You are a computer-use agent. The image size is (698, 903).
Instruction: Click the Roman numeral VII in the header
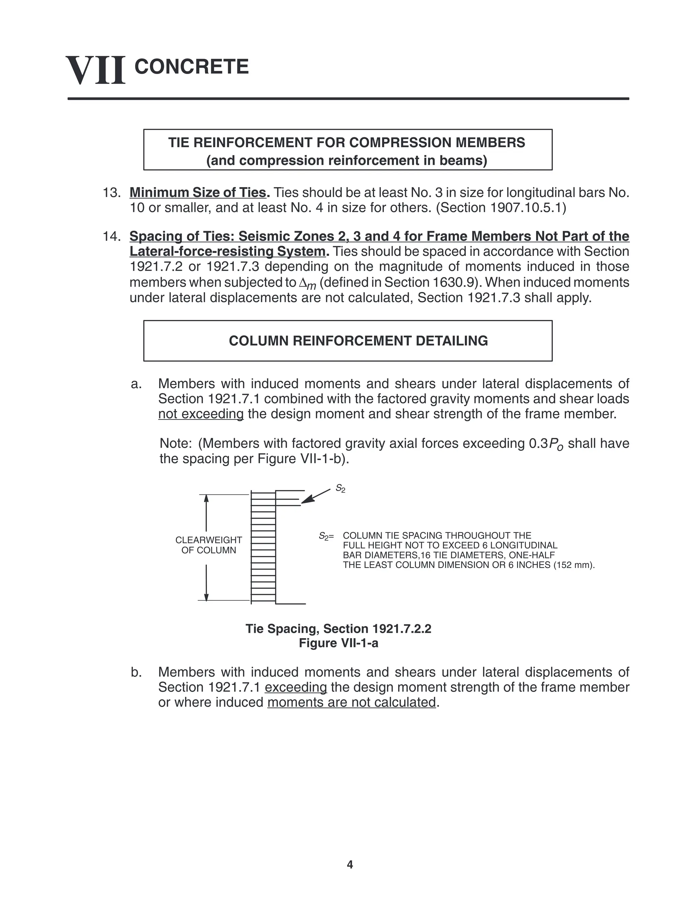coord(95,70)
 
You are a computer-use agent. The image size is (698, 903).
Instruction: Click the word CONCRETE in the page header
coord(192,66)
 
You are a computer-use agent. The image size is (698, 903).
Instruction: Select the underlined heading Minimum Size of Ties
coord(199,193)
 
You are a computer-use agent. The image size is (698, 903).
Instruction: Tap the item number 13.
coord(111,193)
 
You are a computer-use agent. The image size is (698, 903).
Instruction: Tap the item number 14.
coord(111,236)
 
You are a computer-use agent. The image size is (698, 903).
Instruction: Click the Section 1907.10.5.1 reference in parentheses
coord(501,208)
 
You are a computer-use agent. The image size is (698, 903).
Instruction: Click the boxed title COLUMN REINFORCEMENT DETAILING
coord(358,341)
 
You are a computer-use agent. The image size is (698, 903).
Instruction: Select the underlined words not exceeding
coord(201,414)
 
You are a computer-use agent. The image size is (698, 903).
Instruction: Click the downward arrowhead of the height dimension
coord(206,597)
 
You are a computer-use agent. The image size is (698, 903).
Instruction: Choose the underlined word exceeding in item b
coord(295,687)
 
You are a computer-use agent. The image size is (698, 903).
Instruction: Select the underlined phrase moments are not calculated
coord(351,702)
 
